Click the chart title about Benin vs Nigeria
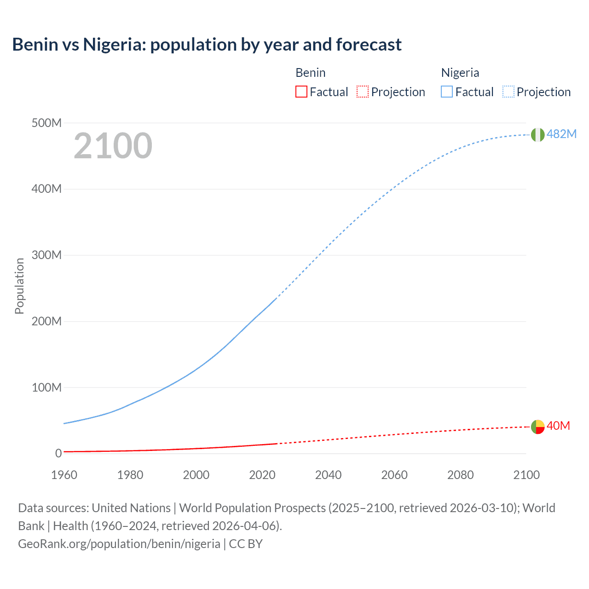tap(207, 45)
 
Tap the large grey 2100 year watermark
tap(113, 146)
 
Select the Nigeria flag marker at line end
tap(537, 134)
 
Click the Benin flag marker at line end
tap(537, 427)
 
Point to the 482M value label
tap(561, 134)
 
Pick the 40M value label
tap(558, 426)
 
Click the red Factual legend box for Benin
tap(301, 92)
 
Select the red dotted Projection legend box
tap(363, 92)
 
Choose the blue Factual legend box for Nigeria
tap(447, 92)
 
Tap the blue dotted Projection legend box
tap(508, 92)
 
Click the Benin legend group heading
tap(311, 73)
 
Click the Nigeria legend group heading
tap(460, 73)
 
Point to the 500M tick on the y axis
tap(46, 123)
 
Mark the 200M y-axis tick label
tap(46, 321)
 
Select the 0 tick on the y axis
tap(58, 453)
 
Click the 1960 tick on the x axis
tap(64, 475)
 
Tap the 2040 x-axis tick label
tap(328, 475)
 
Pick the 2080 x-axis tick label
tap(460, 475)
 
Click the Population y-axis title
tap(19, 286)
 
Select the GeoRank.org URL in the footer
tap(119, 544)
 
